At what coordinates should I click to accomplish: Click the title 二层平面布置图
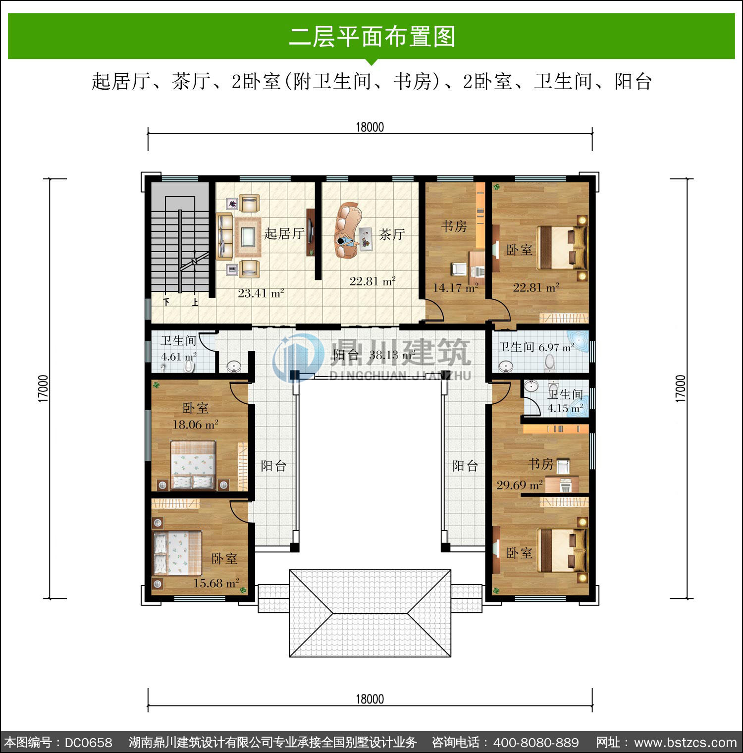tap(372, 36)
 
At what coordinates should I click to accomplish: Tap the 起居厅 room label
tap(284, 233)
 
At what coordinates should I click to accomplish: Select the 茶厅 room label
tap(392, 234)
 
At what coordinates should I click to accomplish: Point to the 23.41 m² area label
tap(261, 293)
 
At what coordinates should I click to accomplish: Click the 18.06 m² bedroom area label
tap(195, 425)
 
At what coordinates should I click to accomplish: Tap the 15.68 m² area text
tap(216, 583)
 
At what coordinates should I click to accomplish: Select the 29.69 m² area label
tap(520, 484)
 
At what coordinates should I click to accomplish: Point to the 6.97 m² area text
tap(556, 347)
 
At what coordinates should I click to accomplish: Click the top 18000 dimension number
tap(370, 127)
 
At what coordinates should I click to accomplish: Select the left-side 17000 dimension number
tap(43, 388)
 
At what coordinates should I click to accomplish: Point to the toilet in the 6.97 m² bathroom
tap(549, 363)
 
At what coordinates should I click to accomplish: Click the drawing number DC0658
tap(88, 743)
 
